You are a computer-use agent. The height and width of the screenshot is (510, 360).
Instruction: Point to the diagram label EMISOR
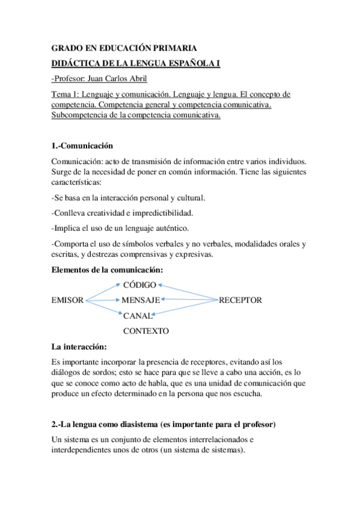coord(67,300)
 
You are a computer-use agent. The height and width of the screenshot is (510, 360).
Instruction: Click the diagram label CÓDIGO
coord(139,284)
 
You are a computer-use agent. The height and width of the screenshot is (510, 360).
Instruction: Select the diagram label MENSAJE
coord(141,300)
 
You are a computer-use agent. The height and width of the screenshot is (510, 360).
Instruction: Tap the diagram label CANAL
coord(137,315)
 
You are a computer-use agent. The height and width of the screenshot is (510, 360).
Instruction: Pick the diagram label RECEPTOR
coord(240,300)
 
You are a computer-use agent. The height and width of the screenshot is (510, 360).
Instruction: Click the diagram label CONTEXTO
coord(146,331)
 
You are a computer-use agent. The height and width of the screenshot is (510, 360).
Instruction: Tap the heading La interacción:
coord(80,347)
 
